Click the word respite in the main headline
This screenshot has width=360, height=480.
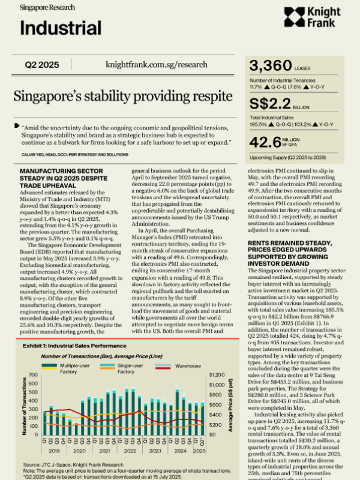pyautogui.click(x=201, y=96)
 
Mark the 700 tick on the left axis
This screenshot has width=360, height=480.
pyautogui.click(x=35, y=359)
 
